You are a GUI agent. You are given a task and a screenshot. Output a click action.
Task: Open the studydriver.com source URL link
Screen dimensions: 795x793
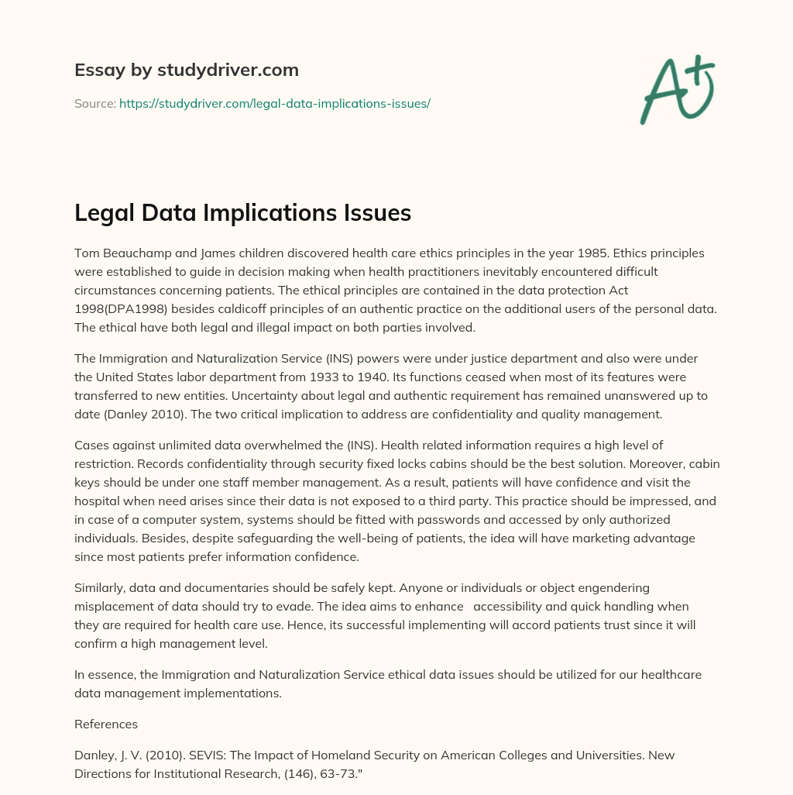pyautogui.click(x=274, y=103)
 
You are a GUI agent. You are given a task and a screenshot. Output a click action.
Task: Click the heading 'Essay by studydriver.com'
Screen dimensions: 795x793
pyautogui.click(x=186, y=70)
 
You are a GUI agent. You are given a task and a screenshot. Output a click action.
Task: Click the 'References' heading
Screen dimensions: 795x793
pyautogui.click(x=106, y=724)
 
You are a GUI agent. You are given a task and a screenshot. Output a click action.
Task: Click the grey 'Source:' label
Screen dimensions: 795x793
pyautogui.click(x=94, y=103)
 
